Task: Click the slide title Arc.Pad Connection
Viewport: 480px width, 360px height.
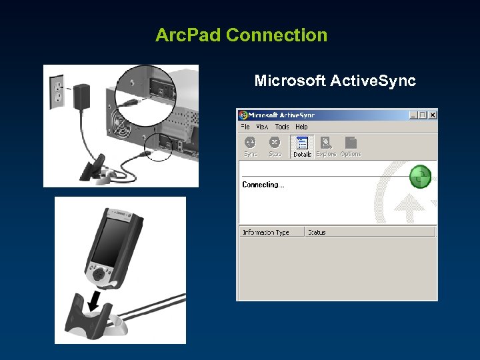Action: click(241, 35)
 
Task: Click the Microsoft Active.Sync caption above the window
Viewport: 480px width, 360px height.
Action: click(335, 81)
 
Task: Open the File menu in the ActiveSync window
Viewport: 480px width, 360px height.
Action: click(245, 127)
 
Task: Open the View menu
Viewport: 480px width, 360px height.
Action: click(262, 127)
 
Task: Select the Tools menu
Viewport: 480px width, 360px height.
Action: click(282, 127)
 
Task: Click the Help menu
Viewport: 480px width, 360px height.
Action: click(301, 127)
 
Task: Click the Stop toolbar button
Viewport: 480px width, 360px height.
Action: click(275, 146)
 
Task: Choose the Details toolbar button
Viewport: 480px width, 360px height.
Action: click(302, 146)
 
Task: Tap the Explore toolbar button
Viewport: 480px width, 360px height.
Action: click(326, 146)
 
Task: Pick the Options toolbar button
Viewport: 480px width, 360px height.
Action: click(351, 146)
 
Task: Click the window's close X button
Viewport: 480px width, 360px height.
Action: click(432, 115)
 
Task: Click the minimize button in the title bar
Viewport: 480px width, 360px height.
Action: click(413, 115)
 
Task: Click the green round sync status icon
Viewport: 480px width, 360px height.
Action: click(419, 177)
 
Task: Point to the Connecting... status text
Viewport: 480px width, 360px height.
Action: click(263, 185)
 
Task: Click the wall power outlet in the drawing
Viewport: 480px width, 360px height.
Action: click(57, 92)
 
